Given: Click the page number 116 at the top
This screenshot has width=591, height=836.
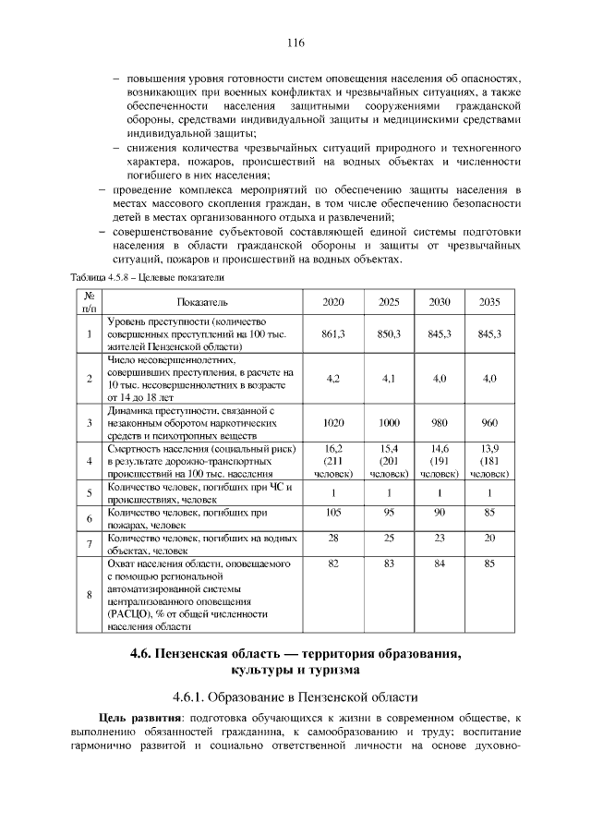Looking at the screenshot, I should click(x=295, y=42).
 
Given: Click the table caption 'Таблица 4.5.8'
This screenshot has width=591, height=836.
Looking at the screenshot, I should click(x=103, y=277).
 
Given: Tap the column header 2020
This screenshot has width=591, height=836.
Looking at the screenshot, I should click(x=333, y=302).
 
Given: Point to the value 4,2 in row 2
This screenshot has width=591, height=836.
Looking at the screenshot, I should click(x=333, y=379).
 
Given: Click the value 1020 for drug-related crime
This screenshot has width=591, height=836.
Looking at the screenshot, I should click(x=333, y=422).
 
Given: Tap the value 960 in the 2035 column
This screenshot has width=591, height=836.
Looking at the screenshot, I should click(x=489, y=422).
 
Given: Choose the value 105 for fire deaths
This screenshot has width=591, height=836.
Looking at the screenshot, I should click(x=333, y=512).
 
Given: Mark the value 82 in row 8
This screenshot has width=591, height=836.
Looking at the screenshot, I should click(x=333, y=563).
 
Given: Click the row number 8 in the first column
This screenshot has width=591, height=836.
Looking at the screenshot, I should click(x=89, y=595).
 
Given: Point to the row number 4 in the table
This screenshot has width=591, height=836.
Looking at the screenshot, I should click(x=89, y=461).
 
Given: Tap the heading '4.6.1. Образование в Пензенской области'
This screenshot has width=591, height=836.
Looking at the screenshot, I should click(x=295, y=695).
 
